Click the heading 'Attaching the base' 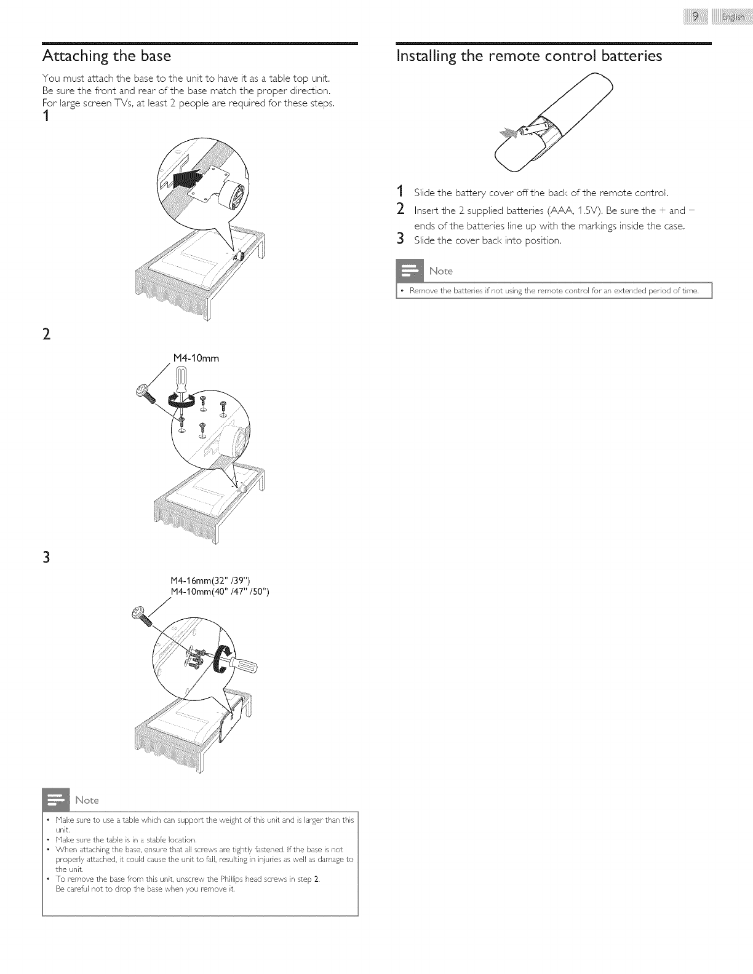[x=106, y=56]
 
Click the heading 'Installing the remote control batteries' [x=529, y=56]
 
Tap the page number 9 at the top [x=695, y=17]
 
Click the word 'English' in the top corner [x=733, y=17]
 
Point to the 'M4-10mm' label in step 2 [x=197, y=358]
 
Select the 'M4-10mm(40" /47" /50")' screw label [x=220, y=592]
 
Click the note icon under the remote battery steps [x=409, y=271]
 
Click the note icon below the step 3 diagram [x=56, y=800]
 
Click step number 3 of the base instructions [x=46, y=558]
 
